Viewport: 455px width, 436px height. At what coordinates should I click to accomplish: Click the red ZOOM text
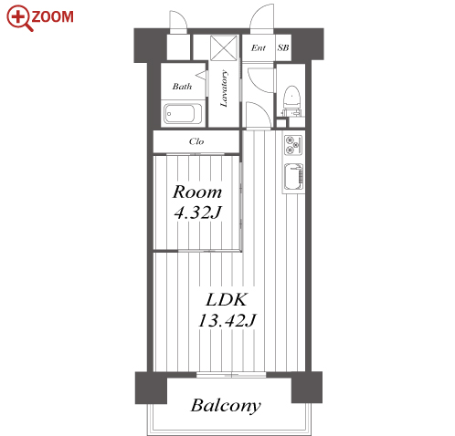coord(52,16)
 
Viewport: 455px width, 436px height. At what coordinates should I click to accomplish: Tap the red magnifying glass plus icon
coord(19,17)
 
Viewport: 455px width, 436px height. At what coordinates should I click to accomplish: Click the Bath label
coord(182,87)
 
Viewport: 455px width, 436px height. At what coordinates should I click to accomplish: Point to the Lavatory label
coord(224,88)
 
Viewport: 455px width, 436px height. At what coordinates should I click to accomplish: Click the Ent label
coord(259,47)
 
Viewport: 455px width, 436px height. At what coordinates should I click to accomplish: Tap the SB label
coord(283,47)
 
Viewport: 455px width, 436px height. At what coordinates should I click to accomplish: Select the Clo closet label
coord(196,141)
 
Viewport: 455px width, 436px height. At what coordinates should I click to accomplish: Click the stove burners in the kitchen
coord(293,145)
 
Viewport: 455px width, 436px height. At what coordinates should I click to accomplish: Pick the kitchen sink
coord(293,177)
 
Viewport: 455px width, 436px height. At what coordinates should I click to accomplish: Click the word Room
coord(197,192)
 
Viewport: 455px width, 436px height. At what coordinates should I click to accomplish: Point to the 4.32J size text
coord(197,212)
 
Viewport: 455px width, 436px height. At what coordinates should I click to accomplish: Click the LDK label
coord(227,299)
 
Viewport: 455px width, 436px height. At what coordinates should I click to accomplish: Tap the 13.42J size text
coord(227,320)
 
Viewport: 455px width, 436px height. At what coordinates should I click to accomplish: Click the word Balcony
coord(226,405)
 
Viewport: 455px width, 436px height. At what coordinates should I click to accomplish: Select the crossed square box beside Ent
coord(224,47)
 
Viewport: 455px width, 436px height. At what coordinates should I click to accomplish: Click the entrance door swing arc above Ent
coord(261,16)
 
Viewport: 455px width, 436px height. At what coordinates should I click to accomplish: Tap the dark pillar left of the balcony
coord(151,388)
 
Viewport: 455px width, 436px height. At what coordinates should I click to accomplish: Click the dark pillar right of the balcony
coord(307,387)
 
